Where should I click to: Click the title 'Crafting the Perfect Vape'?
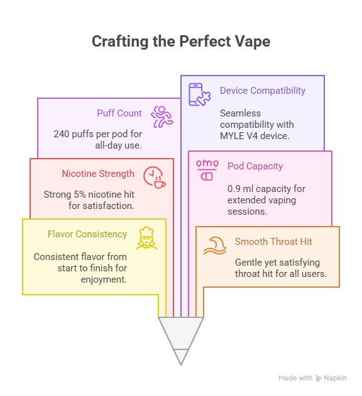pyautogui.click(x=181, y=42)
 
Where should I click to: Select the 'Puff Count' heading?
pyautogui.click(x=119, y=113)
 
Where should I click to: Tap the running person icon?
pyautogui.click(x=162, y=116)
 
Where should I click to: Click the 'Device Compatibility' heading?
pyautogui.click(x=263, y=91)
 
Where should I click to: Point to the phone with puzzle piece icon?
pyautogui.click(x=200, y=94)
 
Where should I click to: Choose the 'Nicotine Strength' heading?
pyautogui.click(x=98, y=174)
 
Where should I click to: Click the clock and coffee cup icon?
pyautogui.click(x=155, y=178)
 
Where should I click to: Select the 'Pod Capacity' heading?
pyautogui.click(x=255, y=166)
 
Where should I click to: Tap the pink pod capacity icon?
pyautogui.click(x=207, y=170)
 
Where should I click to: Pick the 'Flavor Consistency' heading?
pyautogui.click(x=87, y=234)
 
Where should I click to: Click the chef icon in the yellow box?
pyautogui.click(x=146, y=238)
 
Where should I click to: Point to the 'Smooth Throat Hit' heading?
pyautogui.click(x=273, y=242)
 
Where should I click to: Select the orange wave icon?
pyautogui.click(x=215, y=246)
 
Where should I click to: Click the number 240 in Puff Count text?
pyautogui.click(x=62, y=134)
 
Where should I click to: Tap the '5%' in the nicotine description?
pyautogui.click(x=80, y=195)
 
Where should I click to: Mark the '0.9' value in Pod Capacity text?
pyautogui.click(x=234, y=189)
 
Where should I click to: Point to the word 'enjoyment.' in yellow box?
pyautogui.click(x=104, y=280)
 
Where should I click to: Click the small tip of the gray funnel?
pyautogui.click(x=181, y=365)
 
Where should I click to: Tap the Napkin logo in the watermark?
pyautogui.click(x=319, y=378)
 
